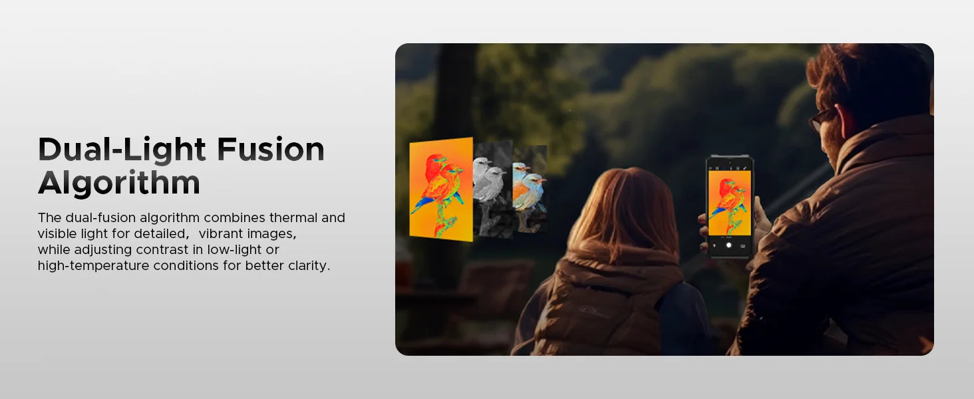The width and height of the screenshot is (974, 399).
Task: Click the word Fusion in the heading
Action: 271,150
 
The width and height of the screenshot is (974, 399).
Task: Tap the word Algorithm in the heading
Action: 119,183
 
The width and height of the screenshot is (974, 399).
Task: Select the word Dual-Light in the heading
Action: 122,150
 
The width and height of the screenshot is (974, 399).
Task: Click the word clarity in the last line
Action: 309,265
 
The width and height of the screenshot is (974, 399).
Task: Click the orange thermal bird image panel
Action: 441,189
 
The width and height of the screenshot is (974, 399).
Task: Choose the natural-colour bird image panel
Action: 530,189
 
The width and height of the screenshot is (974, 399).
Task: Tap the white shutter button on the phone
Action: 729,245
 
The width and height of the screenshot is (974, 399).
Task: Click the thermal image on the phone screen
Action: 730,203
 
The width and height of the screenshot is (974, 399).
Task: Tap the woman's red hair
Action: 623,213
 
